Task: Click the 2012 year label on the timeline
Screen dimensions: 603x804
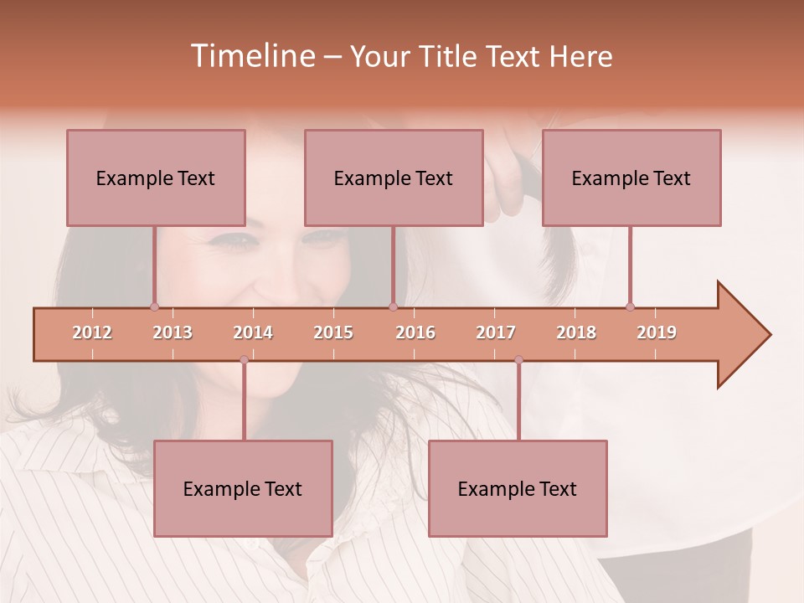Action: pyautogui.click(x=92, y=333)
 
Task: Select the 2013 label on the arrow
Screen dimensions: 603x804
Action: pyautogui.click(x=173, y=333)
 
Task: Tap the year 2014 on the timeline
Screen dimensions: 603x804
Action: pyautogui.click(x=253, y=333)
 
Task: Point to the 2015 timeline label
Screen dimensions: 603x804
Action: pyautogui.click(x=333, y=333)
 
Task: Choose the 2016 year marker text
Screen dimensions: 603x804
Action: pyautogui.click(x=415, y=333)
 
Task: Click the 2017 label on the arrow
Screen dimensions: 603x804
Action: pyautogui.click(x=496, y=333)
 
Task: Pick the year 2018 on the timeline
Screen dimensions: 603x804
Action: pyautogui.click(x=576, y=333)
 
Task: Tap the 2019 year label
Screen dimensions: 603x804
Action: pyautogui.click(x=657, y=333)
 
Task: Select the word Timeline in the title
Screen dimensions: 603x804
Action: pyautogui.click(x=251, y=56)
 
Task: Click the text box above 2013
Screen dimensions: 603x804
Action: pyautogui.click(x=156, y=178)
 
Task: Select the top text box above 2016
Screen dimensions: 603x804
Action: pyautogui.click(x=394, y=178)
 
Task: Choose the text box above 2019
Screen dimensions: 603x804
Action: pyautogui.click(x=631, y=178)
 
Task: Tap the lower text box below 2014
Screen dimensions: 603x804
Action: pyautogui.click(x=243, y=488)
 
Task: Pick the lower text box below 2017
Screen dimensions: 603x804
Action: pyautogui.click(x=518, y=488)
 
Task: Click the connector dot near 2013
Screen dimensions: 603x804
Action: pyautogui.click(x=154, y=307)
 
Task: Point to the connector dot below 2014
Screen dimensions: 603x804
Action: pyautogui.click(x=244, y=360)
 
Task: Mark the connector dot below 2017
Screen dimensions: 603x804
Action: pyautogui.click(x=518, y=360)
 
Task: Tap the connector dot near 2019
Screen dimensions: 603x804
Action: pyautogui.click(x=630, y=307)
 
